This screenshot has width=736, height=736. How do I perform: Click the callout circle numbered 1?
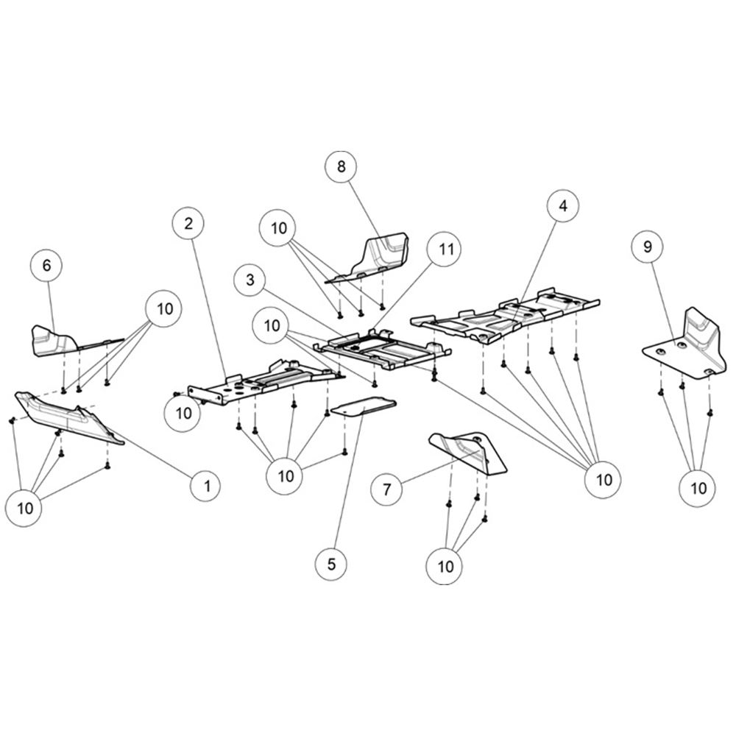point(207,485)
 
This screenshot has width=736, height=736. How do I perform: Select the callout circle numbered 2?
point(188,224)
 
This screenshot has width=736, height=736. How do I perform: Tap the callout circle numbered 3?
point(250,280)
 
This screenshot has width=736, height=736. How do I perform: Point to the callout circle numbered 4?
point(563,205)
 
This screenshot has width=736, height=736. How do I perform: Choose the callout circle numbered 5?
point(331,564)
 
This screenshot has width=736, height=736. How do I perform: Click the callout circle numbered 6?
point(46,265)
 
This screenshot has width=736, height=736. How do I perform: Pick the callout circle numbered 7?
point(387,489)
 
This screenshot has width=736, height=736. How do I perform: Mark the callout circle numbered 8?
point(342,166)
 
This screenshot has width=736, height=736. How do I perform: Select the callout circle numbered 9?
point(648,247)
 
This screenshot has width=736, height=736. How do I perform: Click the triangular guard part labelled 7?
point(470,453)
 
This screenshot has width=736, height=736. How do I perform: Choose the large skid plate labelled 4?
point(505,316)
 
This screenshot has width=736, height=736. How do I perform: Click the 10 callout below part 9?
point(698,488)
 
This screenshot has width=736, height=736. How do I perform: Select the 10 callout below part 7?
point(445,566)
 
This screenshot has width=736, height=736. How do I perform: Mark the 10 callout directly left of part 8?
point(278,228)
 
